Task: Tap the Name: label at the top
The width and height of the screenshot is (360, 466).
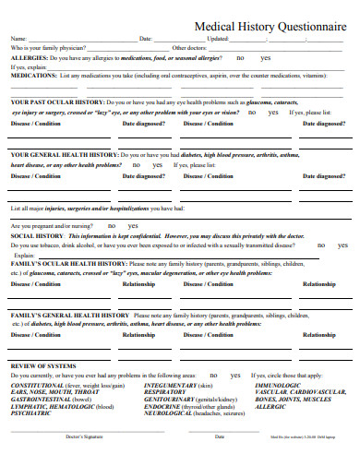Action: pyautogui.click(x=18, y=39)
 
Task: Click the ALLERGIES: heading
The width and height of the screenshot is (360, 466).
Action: pyautogui.click(x=28, y=58)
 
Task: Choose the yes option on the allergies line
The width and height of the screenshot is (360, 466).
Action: pyautogui.click(x=266, y=58)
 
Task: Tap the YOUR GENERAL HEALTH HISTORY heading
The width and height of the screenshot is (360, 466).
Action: pyautogui.click(x=64, y=154)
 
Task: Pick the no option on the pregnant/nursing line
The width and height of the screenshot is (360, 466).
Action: pyautogui.click(x=112, y=225)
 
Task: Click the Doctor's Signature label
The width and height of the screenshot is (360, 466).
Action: pyautogui.click(x=86, y=436)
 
